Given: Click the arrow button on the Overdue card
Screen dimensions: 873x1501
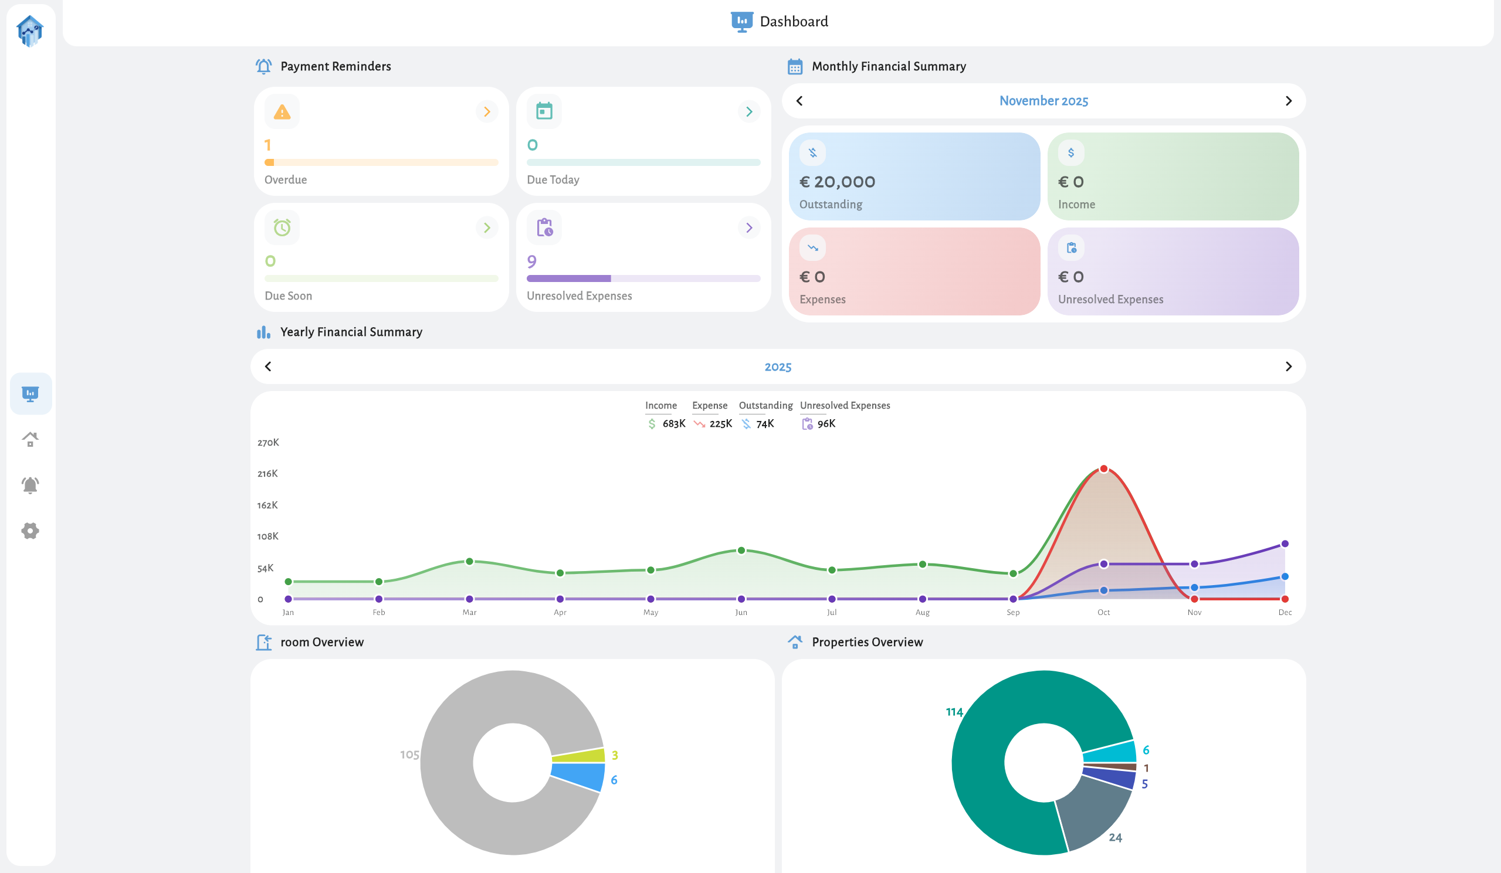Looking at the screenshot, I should click(x=487, y=111).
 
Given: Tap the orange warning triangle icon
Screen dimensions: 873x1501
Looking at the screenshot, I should click(x=282, y=111).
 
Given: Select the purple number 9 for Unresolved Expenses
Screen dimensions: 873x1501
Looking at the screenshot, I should click(x=532, y=261).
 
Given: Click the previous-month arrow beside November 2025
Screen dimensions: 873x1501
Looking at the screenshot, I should click(x=799, y=101).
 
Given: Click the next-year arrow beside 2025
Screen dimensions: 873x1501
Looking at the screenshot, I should click(x=1288, y=366).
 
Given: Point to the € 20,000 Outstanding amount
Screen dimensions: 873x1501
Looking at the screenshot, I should click(x=837, y=182).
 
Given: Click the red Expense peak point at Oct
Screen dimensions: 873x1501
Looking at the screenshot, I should click(x=1104, y=469).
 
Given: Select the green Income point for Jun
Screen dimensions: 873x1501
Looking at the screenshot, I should click(x=741, y=550).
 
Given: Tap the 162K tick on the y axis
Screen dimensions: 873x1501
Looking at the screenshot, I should click(x=267, y=505).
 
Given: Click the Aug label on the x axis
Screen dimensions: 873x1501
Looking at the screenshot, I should click(x=922, y=612).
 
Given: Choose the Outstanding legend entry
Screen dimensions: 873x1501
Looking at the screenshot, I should click(x=765, y=406).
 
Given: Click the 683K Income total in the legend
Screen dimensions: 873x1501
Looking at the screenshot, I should click(x=674, y=423).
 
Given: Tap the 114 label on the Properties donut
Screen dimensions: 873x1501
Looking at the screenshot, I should click(x=954, y=712).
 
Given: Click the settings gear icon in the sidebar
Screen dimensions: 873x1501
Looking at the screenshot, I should click(x=31, y=531).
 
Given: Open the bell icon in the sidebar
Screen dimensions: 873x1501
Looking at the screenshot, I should click(x=31, y=485).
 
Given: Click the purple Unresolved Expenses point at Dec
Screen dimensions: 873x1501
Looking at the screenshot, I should click(x=1285, y=543).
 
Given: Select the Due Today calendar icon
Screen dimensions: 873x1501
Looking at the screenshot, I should click(x=544, y=111).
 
